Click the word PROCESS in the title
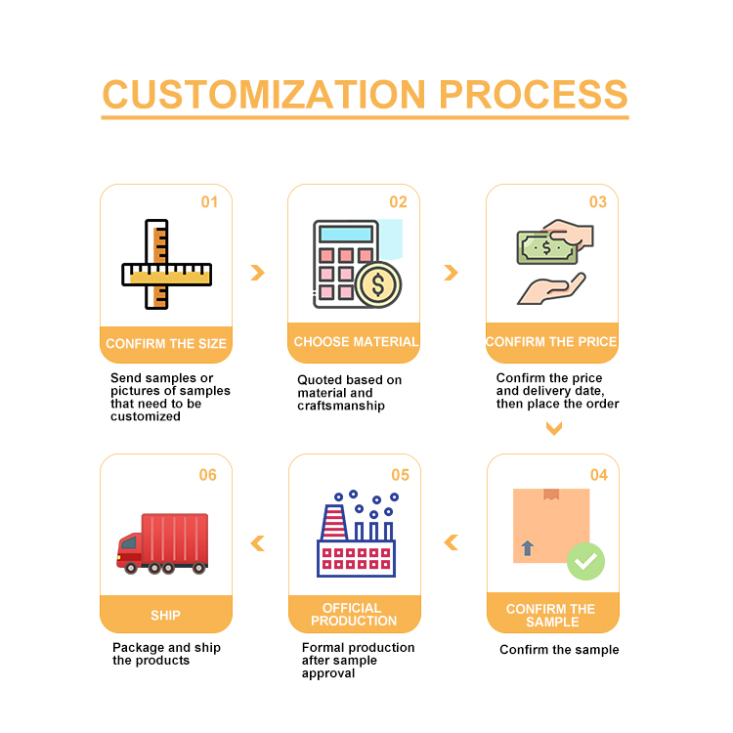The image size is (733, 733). [x=533, y=95]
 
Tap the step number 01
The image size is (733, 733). [x=210, y=202]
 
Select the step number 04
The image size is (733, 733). [x=598, y=475]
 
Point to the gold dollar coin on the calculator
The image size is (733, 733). [x=378, y=284]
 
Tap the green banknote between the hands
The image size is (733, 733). [x=545, y=248]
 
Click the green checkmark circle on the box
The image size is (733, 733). [x=585, y=561]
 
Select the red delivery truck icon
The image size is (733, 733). [x=163, y=541]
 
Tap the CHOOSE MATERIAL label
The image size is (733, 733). [x=356, y=342]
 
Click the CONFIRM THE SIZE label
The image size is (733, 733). [x=166, y=344]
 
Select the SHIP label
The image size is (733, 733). [x=165, y=616]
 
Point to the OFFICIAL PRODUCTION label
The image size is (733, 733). [x=354, y=615]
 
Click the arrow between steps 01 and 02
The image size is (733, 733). [x=257, y=273]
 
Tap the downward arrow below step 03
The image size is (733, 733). [x=553, y=428]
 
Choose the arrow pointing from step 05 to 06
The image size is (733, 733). [x=257, y=543]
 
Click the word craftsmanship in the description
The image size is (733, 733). [x=341, y=406]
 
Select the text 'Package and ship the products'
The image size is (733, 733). [x=166, y=654]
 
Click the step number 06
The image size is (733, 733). [x=208, y=475]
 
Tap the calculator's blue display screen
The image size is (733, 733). [x=346, y=235]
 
